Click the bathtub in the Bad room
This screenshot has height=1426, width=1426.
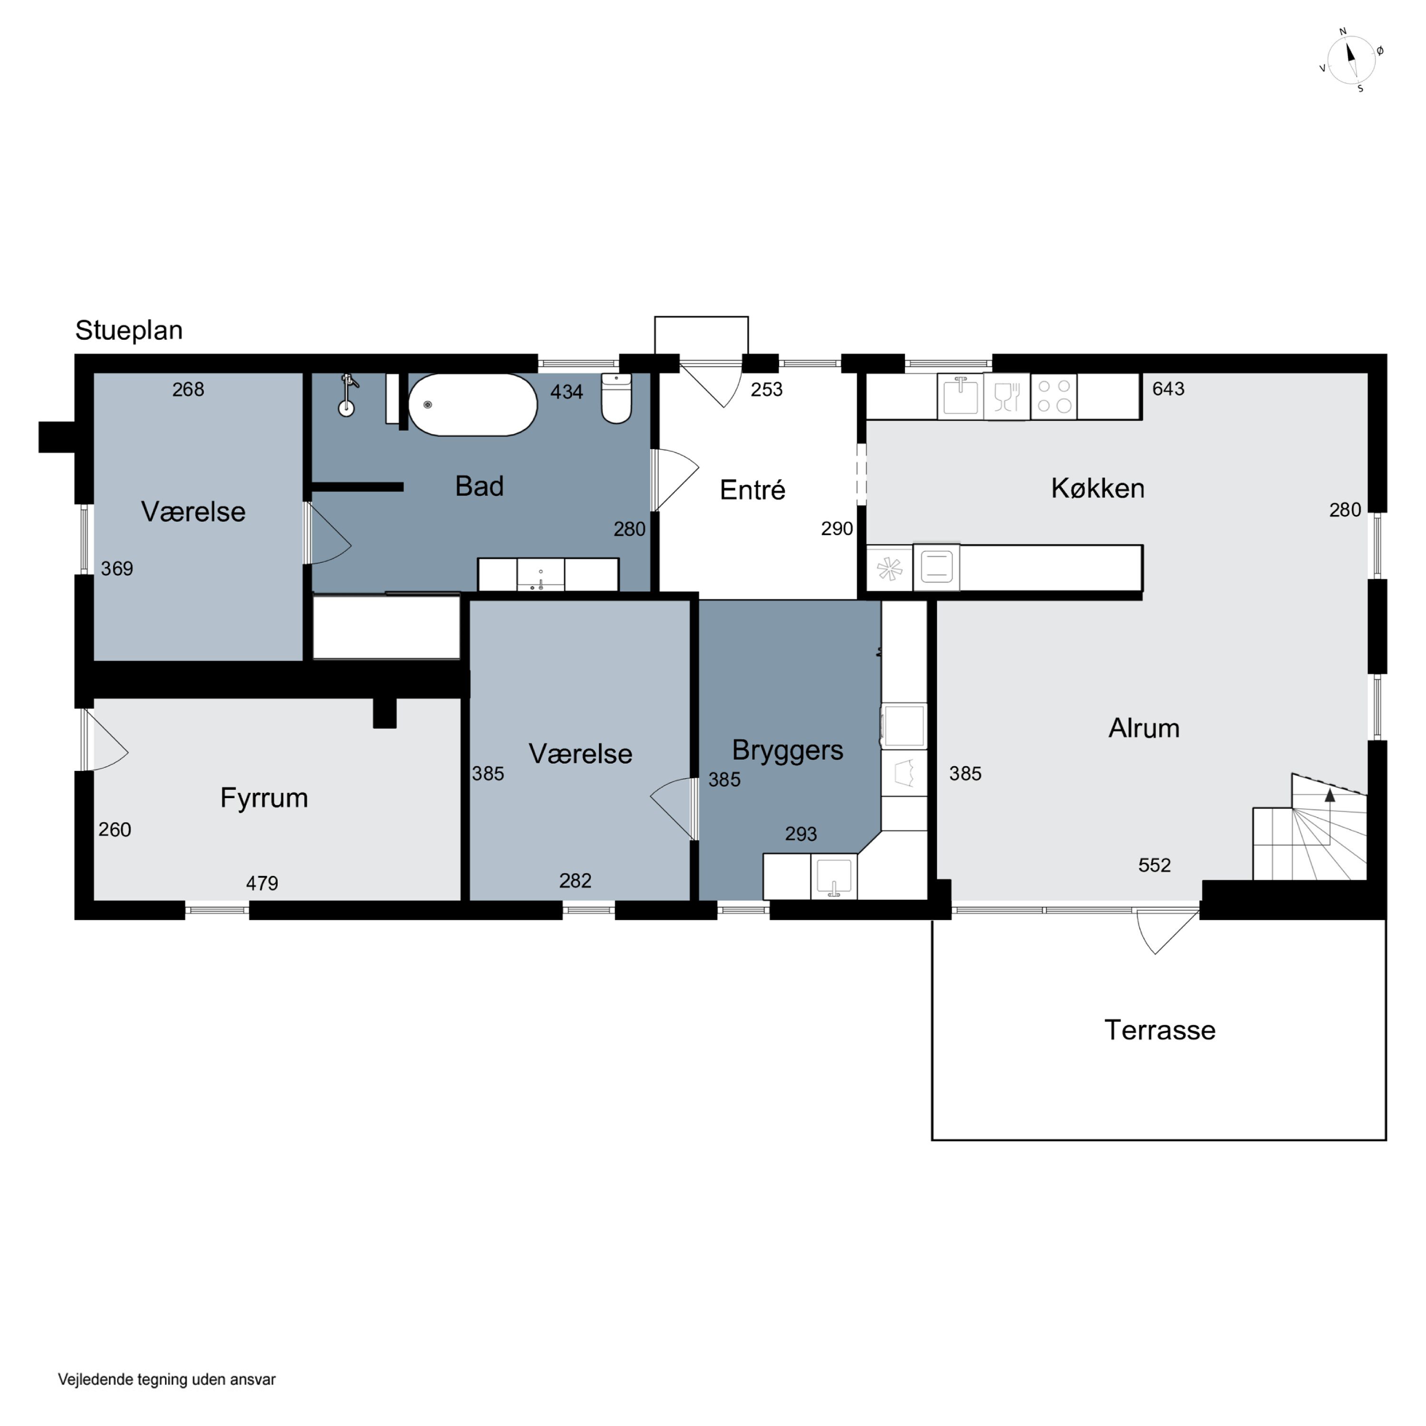tap(473, 405)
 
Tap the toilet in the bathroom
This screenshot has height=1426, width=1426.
tap(617, 399)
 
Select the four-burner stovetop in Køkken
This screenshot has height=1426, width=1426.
tap(1054, 396)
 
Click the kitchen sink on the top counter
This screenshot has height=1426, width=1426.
tap(960, 396)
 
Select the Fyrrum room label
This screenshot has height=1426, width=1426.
tap(264, 798)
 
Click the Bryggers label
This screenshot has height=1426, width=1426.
tap(788, 751)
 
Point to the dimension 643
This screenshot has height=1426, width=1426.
tap(1168, 389)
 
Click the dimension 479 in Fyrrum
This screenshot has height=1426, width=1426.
tap(262, 884)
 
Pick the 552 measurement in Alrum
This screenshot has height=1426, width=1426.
tap(1155, 865)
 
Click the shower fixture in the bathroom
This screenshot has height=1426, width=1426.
tap(347, 395)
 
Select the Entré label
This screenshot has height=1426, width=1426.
tap(752, 490)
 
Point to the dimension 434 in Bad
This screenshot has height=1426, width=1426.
tap(567, 392)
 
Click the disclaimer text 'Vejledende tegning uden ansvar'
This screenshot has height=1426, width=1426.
tap(167, 1379)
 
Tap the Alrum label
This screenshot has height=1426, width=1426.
tap(1144, 729)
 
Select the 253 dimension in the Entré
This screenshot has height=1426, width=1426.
tap(767, 390)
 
